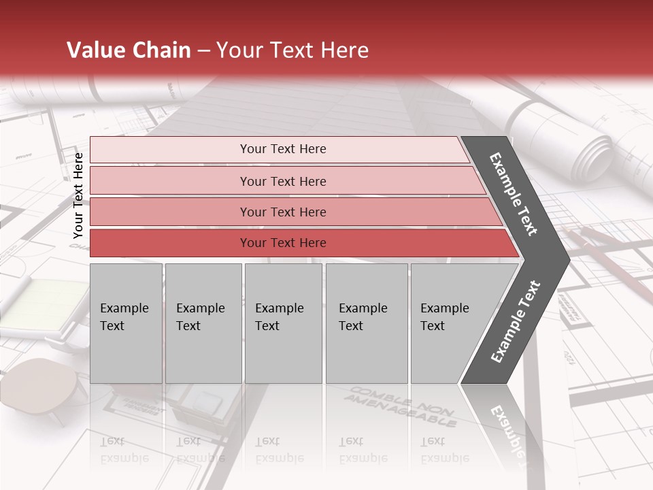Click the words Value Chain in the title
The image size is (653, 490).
pyautogui.click(x=129, y=50)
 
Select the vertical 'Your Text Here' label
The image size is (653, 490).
pyautogui.click(x=78, y=195)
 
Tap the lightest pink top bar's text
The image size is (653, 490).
pyautogui.click(x=283, y=149)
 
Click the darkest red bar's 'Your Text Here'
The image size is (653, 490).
pyautogui.click(x=283, y=243)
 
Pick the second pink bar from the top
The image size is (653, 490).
pyautogui.click(x=283, y=181)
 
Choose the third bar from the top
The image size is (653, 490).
pyautogui.click(x=283, y=212)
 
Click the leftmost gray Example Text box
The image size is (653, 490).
pyautogui.click(x=126, y=323)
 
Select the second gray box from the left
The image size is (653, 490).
pyautogui.click(x=203, y=323)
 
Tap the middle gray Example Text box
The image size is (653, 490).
pyautogui.click(x=283, y=323)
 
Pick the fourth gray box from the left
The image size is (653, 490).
pyautogui.click(x=366, y=323)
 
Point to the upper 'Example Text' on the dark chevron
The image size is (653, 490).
pyautogui.click(x=514, y=194)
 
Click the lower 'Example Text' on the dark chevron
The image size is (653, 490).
pyautogui.click(x=516, y=321)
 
